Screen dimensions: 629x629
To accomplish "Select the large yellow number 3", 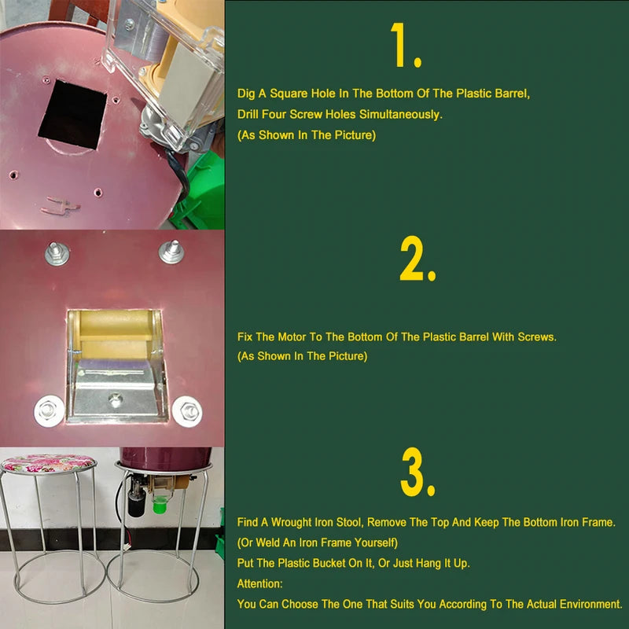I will point(417,474).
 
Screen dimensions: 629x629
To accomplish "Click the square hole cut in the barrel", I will point(73,115).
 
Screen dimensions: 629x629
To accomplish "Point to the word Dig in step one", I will point(246,94).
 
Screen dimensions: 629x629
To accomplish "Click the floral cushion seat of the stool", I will point(49,463).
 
